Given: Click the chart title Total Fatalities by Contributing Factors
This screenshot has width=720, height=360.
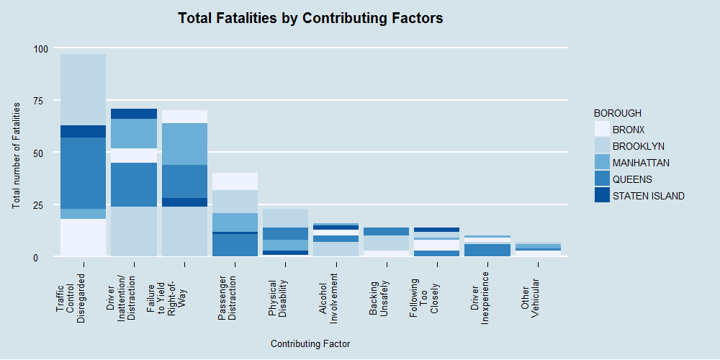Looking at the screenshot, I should pos(310,18).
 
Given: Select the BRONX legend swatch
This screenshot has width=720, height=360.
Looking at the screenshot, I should pos(603,130).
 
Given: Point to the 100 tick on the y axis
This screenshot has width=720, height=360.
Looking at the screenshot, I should pos(40,49).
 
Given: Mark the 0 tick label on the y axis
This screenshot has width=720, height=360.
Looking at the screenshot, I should pos(45,257).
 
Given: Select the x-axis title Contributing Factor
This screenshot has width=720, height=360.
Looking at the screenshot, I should pos(310,344).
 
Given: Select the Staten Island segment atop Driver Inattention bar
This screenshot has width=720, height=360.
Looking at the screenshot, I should pos(134,114).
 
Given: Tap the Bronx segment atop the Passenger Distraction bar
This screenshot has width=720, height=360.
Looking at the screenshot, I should pos(235,181).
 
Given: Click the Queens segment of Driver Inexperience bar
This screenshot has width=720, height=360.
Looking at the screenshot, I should pos(487,250).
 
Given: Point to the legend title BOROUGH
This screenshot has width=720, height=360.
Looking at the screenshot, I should pos(618,113).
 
